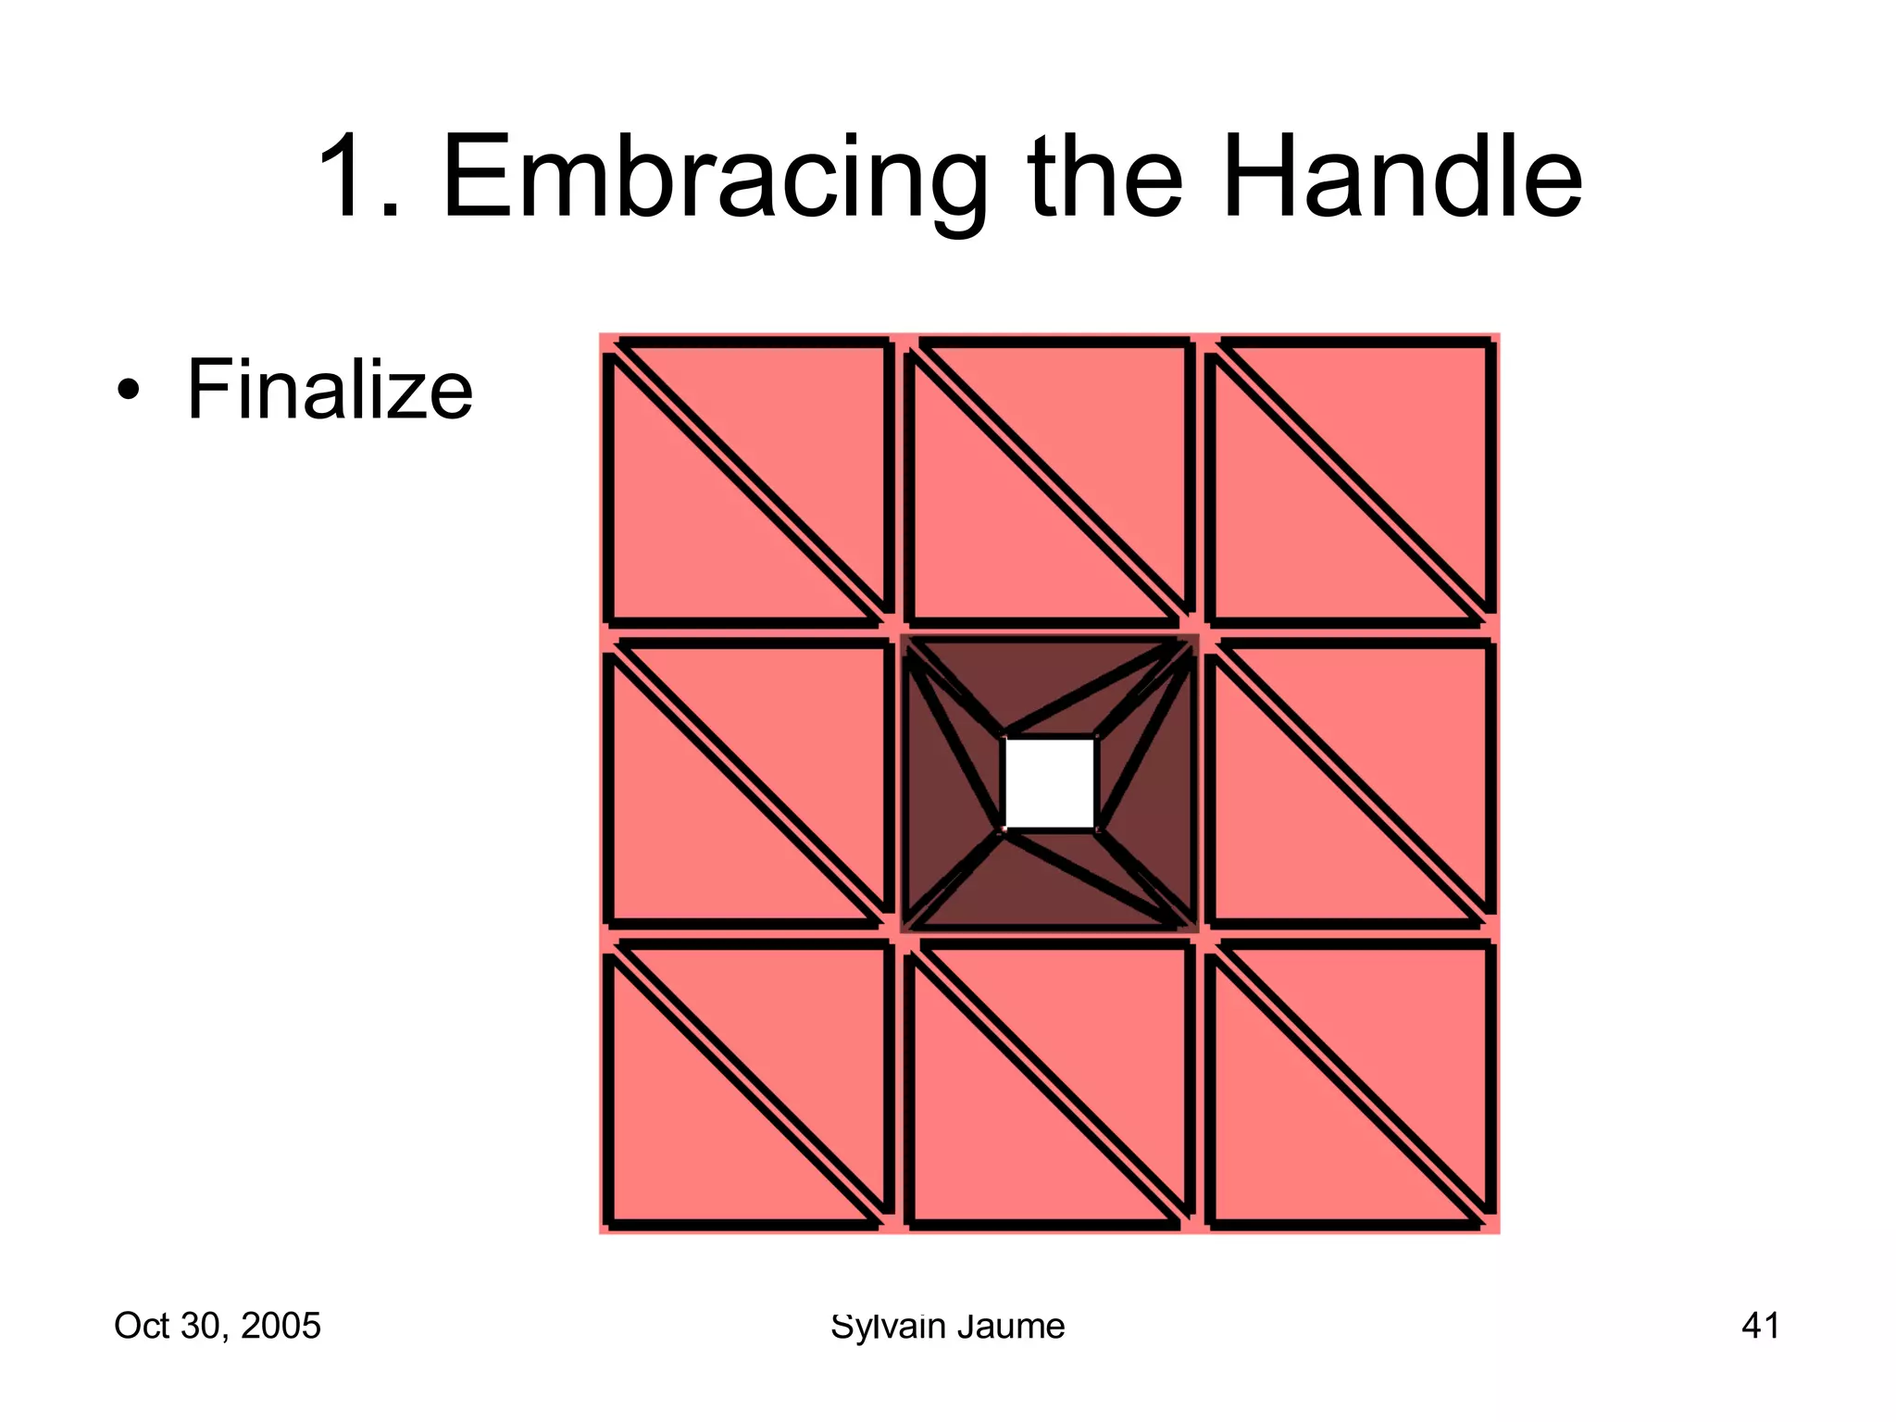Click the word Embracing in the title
(715, 178)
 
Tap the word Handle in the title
(1402, 178)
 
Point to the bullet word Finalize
(330, 391)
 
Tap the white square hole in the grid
(1049, 783)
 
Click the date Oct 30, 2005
(217, 1326)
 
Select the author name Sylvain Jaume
(947, 1326)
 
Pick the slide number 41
(1760, 1326)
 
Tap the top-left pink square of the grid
(748, 482)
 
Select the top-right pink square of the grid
(1350, 482)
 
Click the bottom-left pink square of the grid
(748, 1083)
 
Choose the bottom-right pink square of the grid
(1350, 1083)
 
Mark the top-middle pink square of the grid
(1049, 482)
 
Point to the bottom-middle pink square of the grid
(1049, 1083)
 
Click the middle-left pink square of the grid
(748, 783)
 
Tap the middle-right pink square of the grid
(1350, 783)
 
